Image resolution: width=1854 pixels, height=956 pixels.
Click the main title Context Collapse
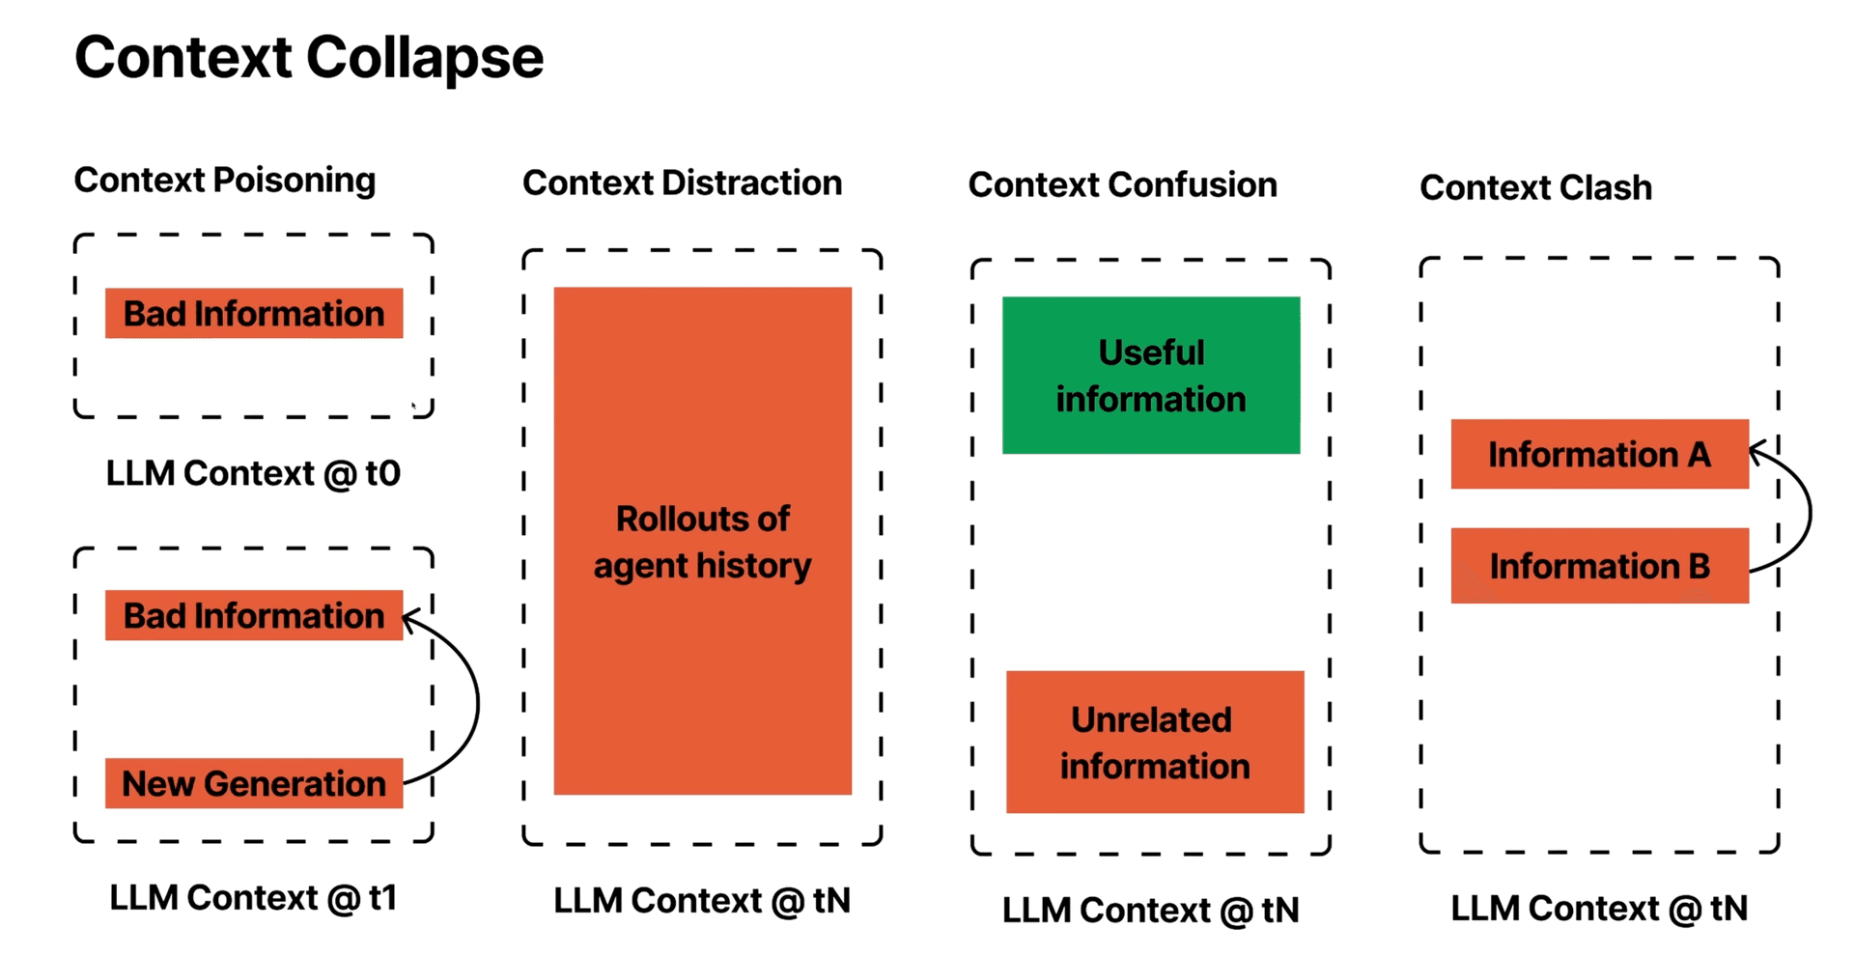pyautogui.click(x=309, y=58)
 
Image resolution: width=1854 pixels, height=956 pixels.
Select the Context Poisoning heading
pyautogui.click(x=225, y=181)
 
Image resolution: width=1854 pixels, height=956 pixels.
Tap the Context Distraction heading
pyautogui.click(x=682, y=183)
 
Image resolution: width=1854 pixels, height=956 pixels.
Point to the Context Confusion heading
pyautogui.click(x=1122, y=185)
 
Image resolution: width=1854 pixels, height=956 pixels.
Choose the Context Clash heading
pyautogui.click(x=1535, y=188)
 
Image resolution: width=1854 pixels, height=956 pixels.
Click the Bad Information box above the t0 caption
pyautogui.click(x=254, y=314)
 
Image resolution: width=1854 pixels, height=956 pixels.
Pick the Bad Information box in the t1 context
pyautogui.click(x=254, y=616)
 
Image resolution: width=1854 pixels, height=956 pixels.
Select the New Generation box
pyautogui.click(x=254, y=783)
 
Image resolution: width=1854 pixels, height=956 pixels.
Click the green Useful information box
pyautogui.click(x=1151, y=376)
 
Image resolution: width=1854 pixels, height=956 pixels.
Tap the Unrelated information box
pyautogui.click(x=1155, y=742)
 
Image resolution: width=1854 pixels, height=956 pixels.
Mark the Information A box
pyautogui.click(x=1599, y=455)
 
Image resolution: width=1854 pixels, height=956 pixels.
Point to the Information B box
pyautogui.click(x=1599, y=566)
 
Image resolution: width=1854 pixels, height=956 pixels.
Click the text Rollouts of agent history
pyautogui.click(x=703, y=543)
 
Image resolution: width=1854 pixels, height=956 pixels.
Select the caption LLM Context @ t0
pyautogui.click(x=253, y=474)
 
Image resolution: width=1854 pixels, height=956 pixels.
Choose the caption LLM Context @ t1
pyautogui.click(x=253, y=898)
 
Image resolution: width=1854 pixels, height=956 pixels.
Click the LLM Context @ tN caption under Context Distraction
pyautogui.click(x=702, y=901)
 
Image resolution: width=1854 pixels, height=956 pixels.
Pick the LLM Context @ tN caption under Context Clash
pyautogui.click(x=1599, y=909)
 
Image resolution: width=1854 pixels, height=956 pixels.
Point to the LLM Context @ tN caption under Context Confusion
pyautogui.click(x=1151, y=911)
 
